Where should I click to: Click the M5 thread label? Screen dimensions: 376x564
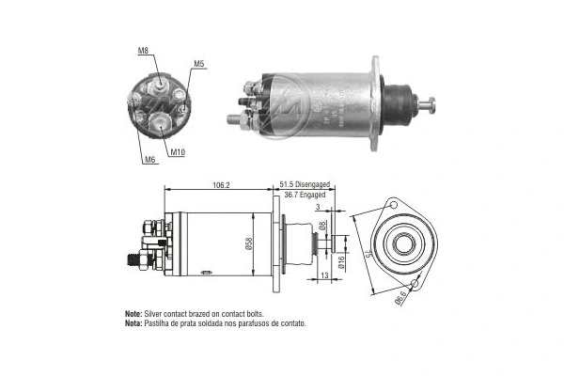click(199, 64)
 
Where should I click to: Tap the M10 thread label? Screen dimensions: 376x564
click(178, 151)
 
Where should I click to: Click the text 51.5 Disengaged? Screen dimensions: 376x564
click(307, 185)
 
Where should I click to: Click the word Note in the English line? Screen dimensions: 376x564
click(133, 313)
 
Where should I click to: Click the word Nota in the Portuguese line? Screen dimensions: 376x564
click(133, 323)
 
